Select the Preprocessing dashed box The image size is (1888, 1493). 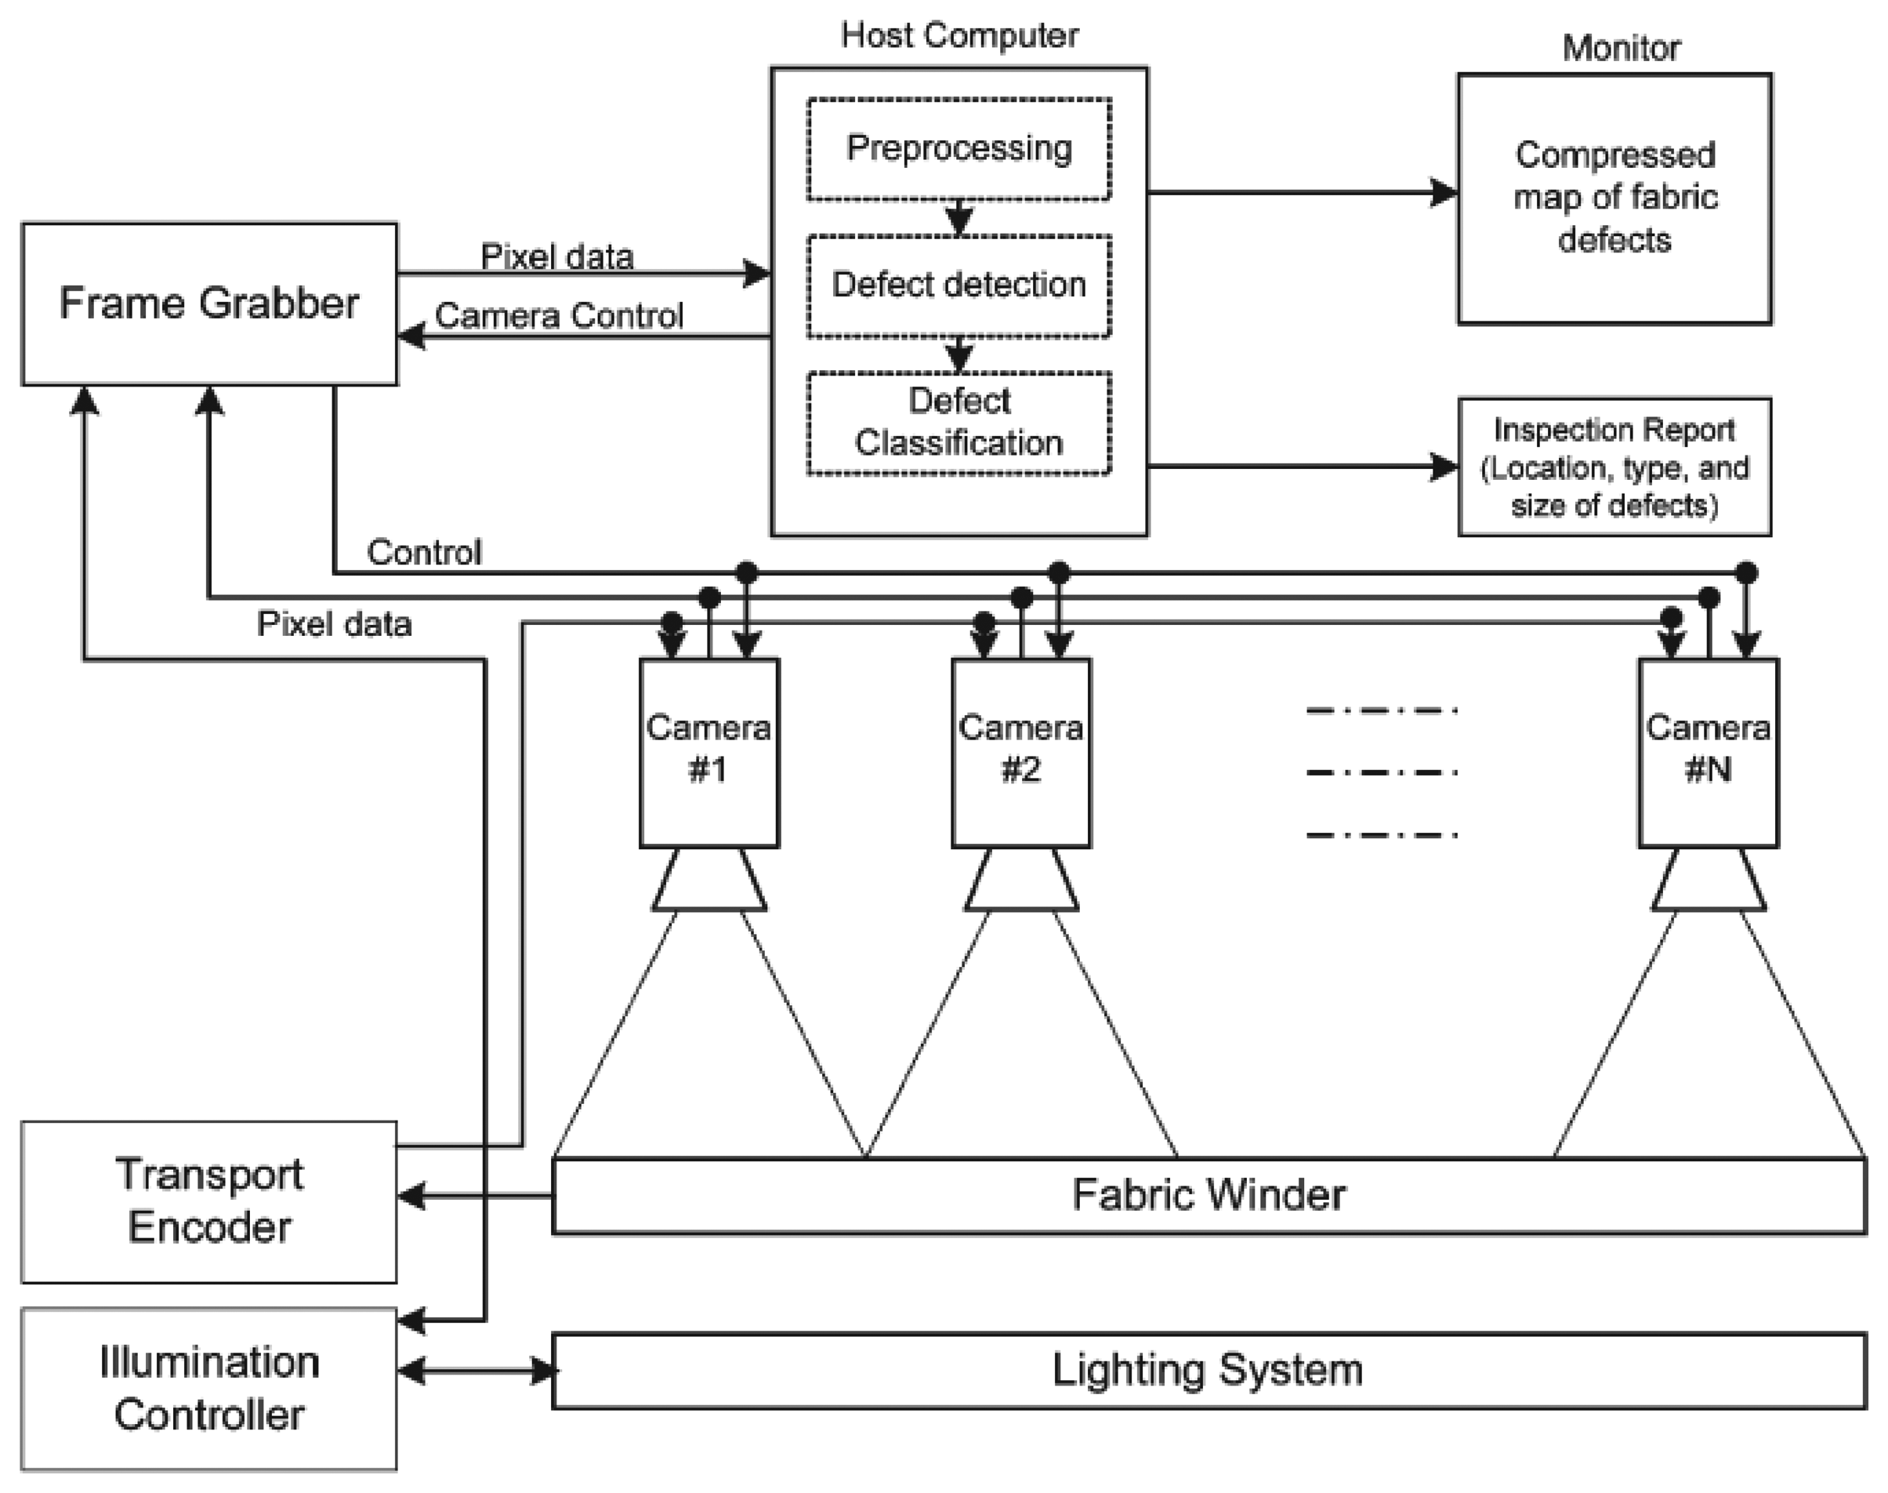click(958, 149)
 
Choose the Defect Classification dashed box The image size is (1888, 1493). click(958, 423)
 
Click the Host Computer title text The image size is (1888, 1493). click(958, 36)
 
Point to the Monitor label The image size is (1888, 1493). click(1621, 48)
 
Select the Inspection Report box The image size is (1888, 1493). click(1614, 467)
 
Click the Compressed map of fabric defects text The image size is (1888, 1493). click(1614, 198)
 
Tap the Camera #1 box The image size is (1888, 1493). click(708, 752)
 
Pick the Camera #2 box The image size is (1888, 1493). click(1020, 752)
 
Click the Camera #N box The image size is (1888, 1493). click(1707, 752)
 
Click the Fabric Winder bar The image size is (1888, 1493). click(1209, 1195)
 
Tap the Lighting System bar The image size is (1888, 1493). click(1209, 1370)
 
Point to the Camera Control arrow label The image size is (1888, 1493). click(558, 315)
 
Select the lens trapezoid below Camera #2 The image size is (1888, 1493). click(1020, 881)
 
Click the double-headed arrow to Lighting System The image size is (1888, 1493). click(477, 1370)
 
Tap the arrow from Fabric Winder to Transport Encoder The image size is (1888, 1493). click(477, 1195)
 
